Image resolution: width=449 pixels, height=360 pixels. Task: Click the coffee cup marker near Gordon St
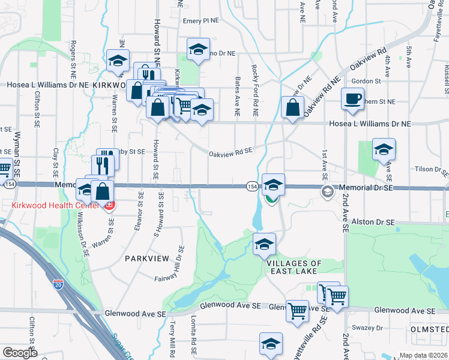pyautogui.click(x=352, y=98)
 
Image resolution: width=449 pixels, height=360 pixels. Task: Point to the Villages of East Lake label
pyautogui.click(x=294, y=268)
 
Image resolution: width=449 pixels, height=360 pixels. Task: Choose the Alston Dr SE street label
pyautogui.click(x=373, y=222)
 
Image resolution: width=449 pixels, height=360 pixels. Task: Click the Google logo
pyautogui.click(x=20, y=353)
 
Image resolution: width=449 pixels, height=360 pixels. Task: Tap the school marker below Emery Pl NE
pyautogui.click(x=197, y=49)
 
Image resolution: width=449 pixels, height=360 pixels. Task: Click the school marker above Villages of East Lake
pyautogui.click(x=264, y=244)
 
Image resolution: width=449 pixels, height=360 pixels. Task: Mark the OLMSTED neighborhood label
pyautogui.click(x=429, y=330)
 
